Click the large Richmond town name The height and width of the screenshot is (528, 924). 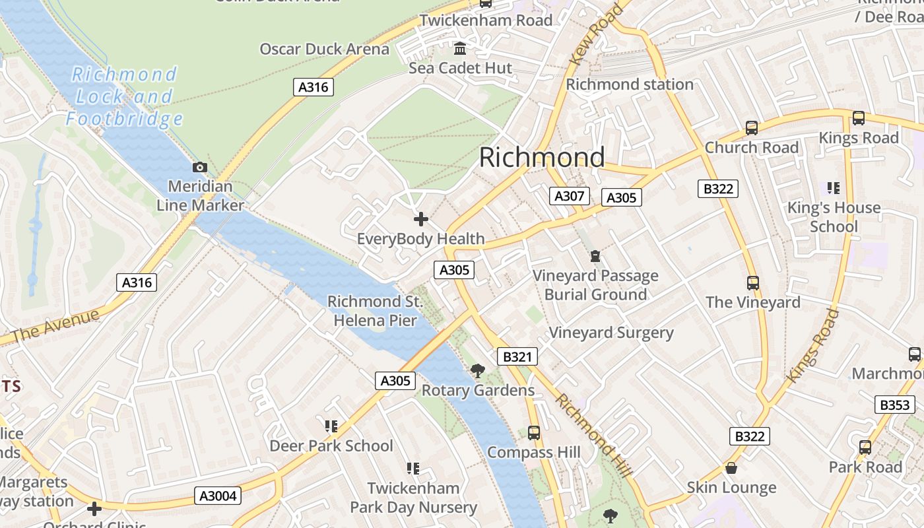click(x=541, y=157)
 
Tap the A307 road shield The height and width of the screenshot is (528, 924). click(x=569, y=196)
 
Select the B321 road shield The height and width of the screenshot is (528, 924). click(x=517, y=357)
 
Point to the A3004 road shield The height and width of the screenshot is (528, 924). click(x=218, y=496)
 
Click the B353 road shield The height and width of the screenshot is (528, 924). click(x=894, y=405)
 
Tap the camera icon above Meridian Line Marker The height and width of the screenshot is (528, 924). click(x=200, y=168)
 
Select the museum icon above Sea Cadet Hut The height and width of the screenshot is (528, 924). click(x=460, y=49)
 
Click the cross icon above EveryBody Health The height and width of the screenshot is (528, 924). click(x=420, y=219)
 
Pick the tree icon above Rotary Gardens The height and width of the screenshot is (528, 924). click(x=478, y=371)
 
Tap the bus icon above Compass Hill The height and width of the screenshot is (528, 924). click(x=534, y=433)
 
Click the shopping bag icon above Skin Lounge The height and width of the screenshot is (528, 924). click(x=731, y=468)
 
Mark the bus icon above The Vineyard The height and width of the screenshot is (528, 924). click(x=752, y=283)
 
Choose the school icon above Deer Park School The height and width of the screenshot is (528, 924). click(x=331, y=426)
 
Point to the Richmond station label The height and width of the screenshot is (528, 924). click(x=630, y=84)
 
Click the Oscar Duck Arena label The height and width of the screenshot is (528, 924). click(x=324, y=49)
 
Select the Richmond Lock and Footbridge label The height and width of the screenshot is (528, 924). click(x=123, y=96)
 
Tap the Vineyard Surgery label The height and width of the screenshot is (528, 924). click(x=611, y=333)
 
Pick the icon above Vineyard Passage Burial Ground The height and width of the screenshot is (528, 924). click(x=595, y=256)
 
